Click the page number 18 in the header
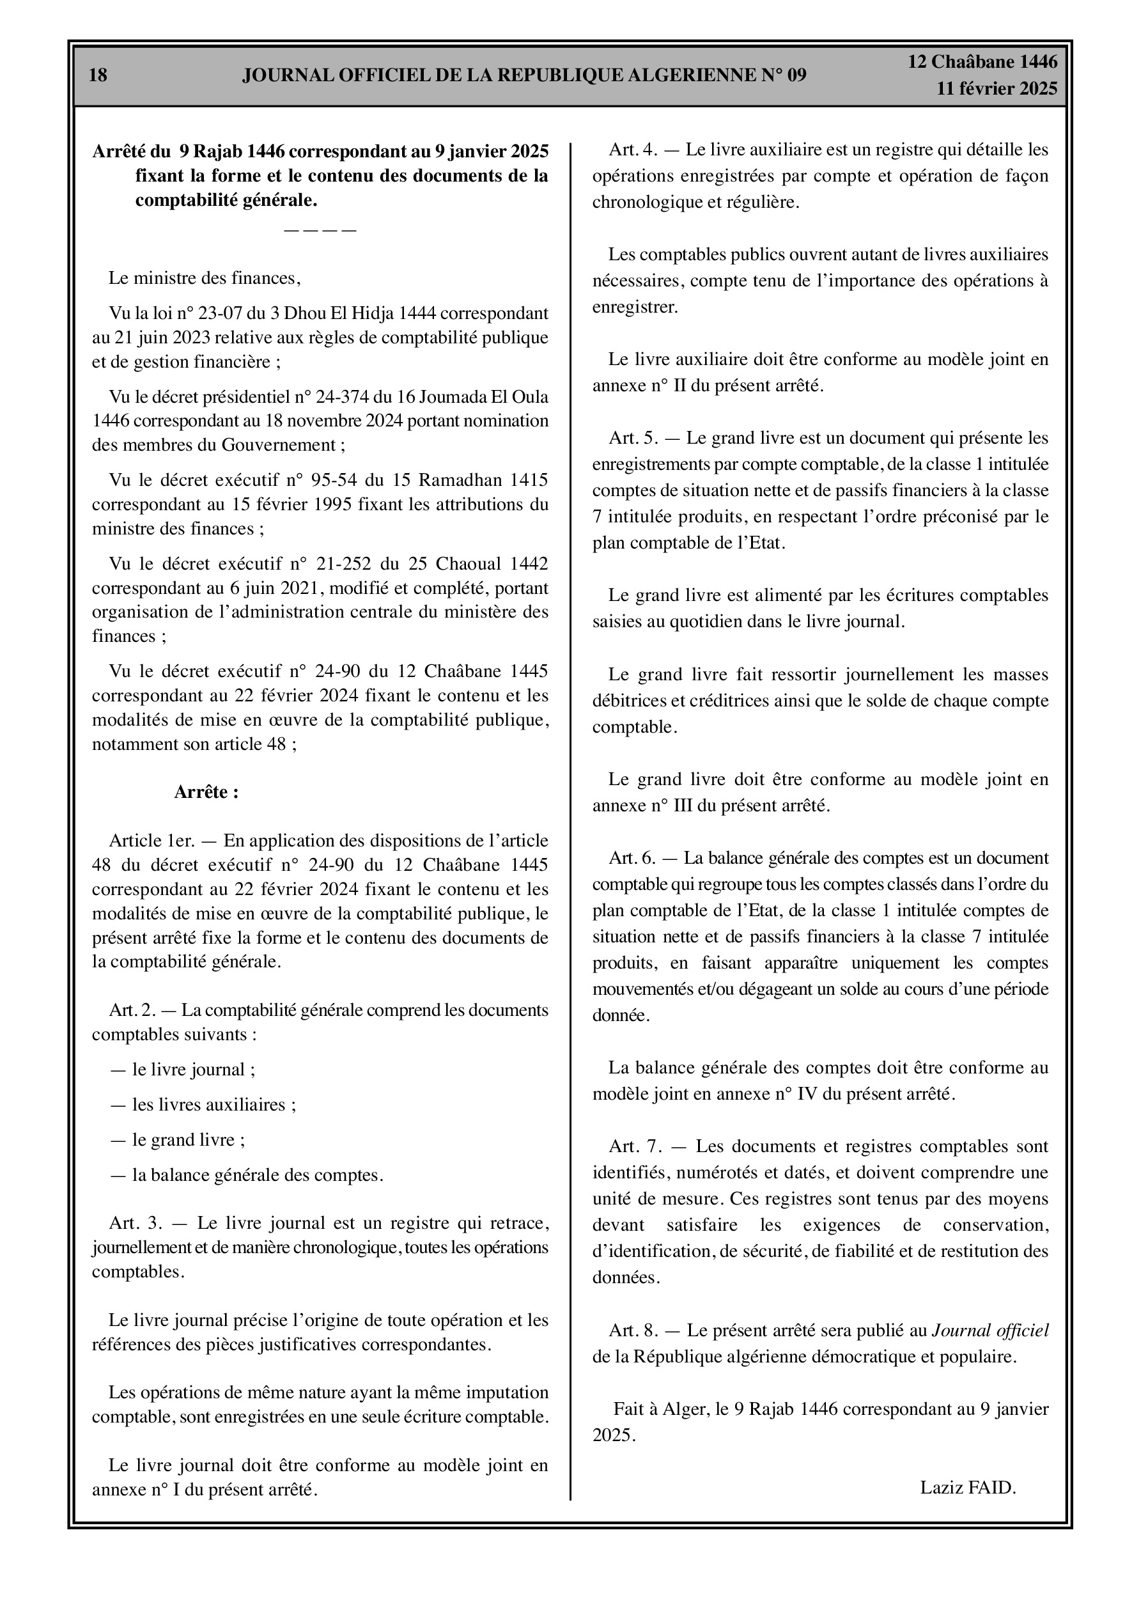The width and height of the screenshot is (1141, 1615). pyautogui.click(x=98, y=75)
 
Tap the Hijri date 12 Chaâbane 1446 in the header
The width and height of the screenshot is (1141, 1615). pyautogui.click(x=982, y=62)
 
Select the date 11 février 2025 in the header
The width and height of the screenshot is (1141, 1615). pyautogui.click(x=996, y=89)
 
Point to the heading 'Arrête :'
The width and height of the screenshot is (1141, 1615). pyautogui.click(x=206, y=792)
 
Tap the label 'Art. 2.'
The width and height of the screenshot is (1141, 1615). pyautogui.click(x=132, y=1010)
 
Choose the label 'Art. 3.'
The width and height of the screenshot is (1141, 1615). pyautogui.click(x=136, y=1222)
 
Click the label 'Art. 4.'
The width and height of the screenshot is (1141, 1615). pyautogui.click(x=633, y=149)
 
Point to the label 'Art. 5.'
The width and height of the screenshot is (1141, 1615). pyautogui.click(x=633, y=438)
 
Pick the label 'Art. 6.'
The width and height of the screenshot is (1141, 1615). pyautogui.click(x=632, y=858)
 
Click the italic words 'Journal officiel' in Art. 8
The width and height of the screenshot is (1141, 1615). pyautogui.click(x=990, y=1330)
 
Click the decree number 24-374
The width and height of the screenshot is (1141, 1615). pyautogui.click(x=344, y=396)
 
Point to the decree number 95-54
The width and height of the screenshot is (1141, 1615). pyautogui.click(x=334, y=480)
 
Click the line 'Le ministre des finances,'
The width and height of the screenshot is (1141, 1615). pyautogui.click(x=204, y=278)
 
